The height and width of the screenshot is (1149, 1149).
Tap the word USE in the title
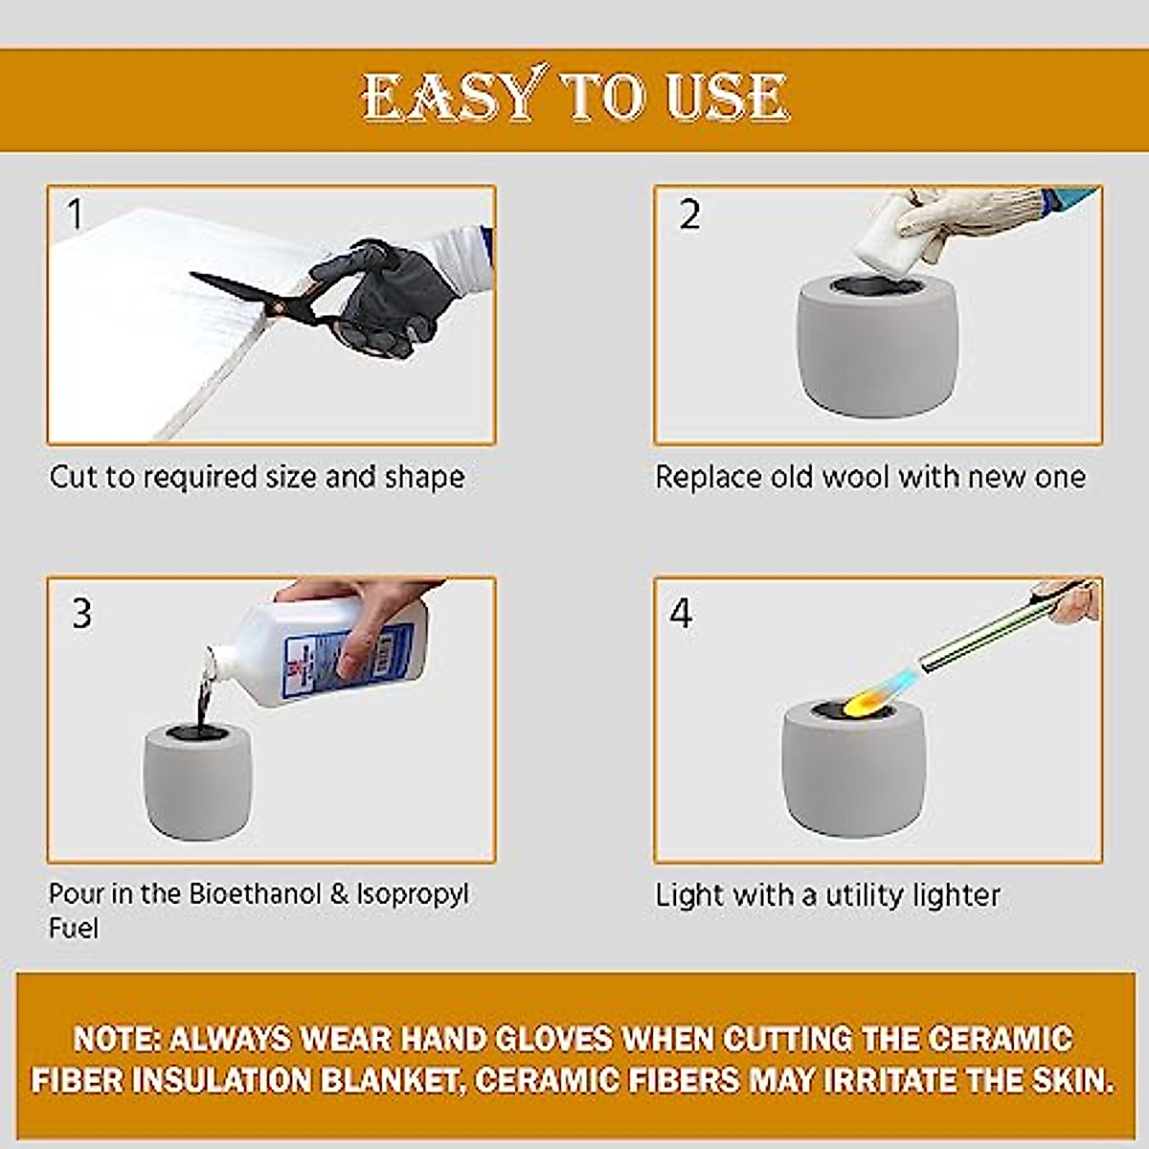coord(727,97)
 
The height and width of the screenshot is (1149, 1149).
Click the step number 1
coord(75,214)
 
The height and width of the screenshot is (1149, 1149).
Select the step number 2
coord(689,214)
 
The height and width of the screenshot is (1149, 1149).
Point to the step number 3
coord(82,613)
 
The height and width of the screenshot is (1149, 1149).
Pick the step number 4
coord(681,613)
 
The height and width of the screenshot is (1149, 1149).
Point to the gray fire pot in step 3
coord(198,781)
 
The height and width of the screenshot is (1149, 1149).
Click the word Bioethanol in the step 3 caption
coord(256,893)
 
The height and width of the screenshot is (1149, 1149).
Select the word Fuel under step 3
coord(74,928)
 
